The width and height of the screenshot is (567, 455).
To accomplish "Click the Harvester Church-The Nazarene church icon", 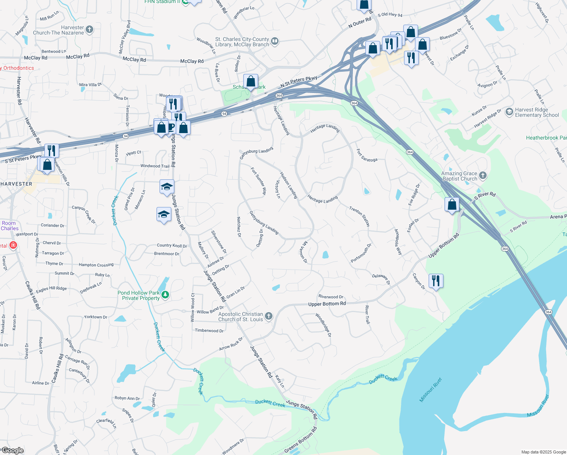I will tap(89, 30).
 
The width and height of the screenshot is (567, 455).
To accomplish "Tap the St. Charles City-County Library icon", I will tap(275, 41).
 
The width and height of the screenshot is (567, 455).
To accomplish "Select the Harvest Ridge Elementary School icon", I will tap(509, 112).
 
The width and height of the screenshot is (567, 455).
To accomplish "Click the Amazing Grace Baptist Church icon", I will tap(482, 175).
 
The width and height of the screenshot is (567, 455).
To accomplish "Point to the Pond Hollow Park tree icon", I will tap(165, 295).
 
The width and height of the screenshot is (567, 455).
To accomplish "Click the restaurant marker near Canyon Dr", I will tap(436, 281).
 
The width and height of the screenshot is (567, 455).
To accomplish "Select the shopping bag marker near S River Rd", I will tap(452, 205).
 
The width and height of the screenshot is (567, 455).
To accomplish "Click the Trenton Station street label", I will tap(359, 217).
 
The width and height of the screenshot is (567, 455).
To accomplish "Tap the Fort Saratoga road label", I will tap(367, 155).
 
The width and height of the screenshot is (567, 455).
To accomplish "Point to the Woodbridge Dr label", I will tap(323, 325).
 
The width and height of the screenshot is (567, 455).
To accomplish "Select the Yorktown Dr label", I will tap(96, 317).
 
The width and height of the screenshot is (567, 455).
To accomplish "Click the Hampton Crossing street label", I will tap(96, 265).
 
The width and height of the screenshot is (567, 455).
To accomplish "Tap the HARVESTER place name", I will tap(16, 184).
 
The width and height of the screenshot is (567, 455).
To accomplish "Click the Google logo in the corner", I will tap(13, 450).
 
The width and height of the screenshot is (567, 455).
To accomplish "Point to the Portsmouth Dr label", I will tap(361, 253).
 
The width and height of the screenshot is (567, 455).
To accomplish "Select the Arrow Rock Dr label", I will tap(231, 344).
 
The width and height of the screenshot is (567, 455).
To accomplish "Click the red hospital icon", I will tap(13, 245).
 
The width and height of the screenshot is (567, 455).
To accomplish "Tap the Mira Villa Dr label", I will tap(90, 85).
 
